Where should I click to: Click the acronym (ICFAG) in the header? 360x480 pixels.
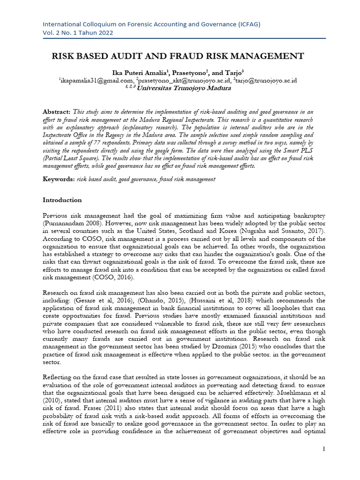(245, 24)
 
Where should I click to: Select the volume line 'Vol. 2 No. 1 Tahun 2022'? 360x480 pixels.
(78, 33)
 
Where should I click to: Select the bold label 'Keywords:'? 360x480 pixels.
(59, 179)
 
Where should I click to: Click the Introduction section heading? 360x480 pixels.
(62, 200)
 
